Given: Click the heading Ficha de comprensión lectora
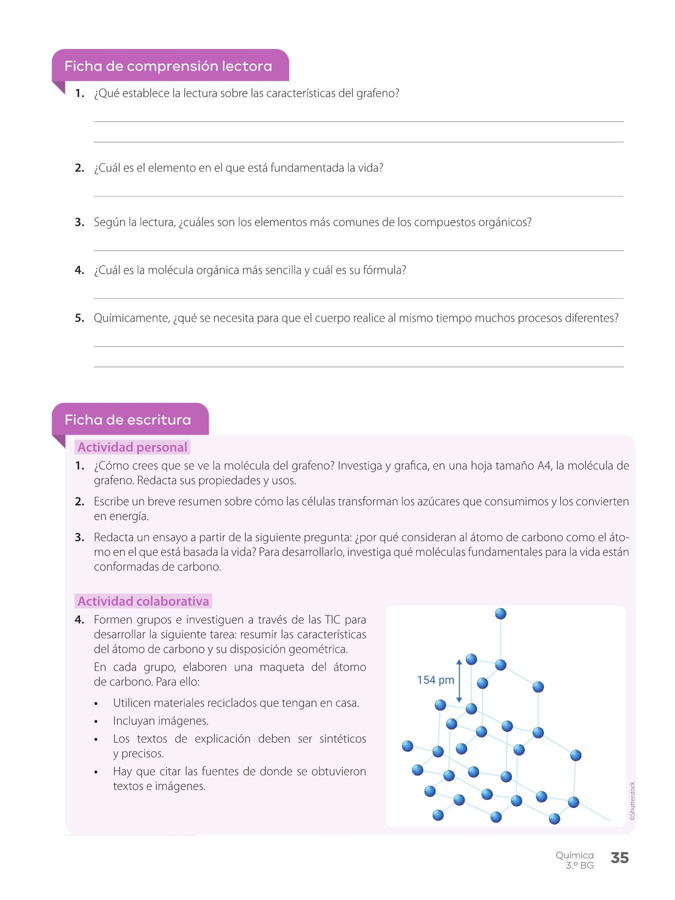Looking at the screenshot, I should point(168,66).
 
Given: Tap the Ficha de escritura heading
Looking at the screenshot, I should point(127,419).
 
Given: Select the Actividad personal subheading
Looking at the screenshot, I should point(132,447).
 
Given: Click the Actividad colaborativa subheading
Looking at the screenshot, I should point(143,601).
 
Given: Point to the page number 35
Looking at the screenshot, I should point(619,858).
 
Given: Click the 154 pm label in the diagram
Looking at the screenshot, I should point(435,680).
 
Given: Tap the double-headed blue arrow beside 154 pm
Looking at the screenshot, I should point(459,681).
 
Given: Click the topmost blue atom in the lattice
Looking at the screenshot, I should point(500,613).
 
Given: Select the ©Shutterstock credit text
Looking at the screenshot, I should point(632,801).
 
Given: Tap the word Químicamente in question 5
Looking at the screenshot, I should point(131,318).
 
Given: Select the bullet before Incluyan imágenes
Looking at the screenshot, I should point(96,721).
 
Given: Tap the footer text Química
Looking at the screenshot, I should point(574,855).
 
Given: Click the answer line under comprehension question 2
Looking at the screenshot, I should point(358,196).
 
